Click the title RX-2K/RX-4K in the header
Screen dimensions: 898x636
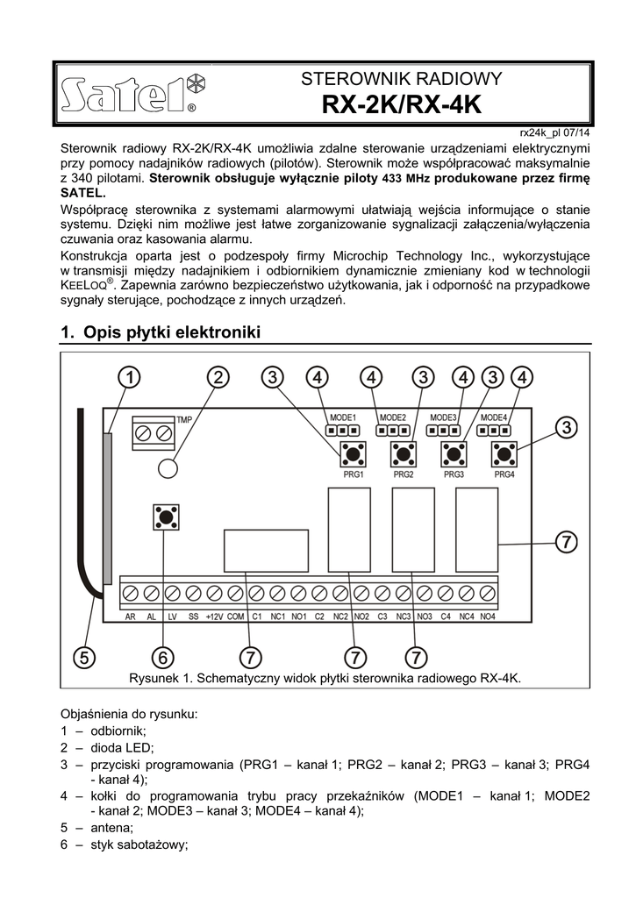401,106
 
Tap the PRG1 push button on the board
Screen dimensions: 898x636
354,454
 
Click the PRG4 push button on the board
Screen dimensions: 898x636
504,454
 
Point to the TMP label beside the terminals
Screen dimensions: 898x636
184,421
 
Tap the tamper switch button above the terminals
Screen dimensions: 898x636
165,515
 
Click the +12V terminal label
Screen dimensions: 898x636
213,616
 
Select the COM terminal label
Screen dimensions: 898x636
235,616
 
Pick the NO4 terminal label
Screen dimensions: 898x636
488,616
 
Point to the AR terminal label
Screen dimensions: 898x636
129,616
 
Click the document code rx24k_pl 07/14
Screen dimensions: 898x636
555,132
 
